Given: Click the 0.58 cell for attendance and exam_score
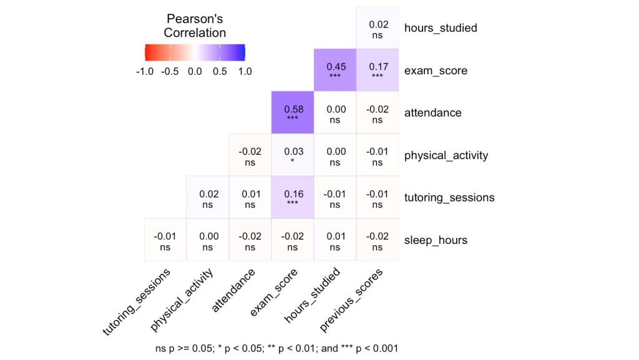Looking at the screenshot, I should (x=292, y=112).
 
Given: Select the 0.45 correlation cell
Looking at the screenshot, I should (x=334, y=70).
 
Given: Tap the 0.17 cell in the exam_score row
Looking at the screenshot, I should (x=377, y=70).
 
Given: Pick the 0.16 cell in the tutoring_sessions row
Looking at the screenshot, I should (x=292, y=197).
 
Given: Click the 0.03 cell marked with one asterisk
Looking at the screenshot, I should (x=292, y=155).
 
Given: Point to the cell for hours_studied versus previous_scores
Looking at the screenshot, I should (x=377, y=28).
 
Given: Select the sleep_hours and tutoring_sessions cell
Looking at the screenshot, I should (x=165, y=240).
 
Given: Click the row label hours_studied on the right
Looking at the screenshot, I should (x=441, y=28).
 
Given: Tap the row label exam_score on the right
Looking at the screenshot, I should (x=436, y=71).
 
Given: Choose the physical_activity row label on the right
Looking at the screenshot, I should (x=446, y=155).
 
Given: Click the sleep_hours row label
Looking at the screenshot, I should (x=436, y=240).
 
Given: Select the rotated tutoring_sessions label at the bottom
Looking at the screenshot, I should (x=137, y=302).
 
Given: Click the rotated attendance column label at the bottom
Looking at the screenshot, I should (x=234, y=290).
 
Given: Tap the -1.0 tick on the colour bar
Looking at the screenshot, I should (x=144, y=71).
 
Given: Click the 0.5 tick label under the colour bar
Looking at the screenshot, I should (x=219, y=71).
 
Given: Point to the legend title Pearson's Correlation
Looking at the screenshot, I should (x=194, y=26).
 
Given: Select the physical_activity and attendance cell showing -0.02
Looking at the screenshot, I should (x=250, y=155).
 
